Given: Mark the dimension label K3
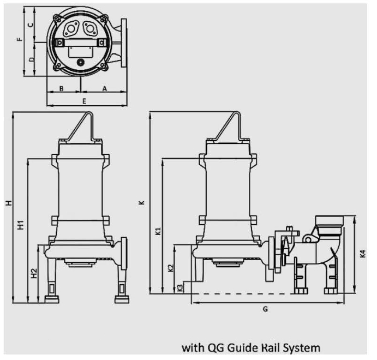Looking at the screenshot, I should click(x=181, y=288).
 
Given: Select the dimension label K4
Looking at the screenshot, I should click(x=363, y=254).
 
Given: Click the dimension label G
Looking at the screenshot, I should click(x=265, y=309).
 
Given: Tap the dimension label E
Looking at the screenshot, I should click(x=84, y=101).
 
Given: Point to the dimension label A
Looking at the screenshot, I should click(x=104, y=87).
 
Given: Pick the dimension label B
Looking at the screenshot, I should click(x=62, y=87).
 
